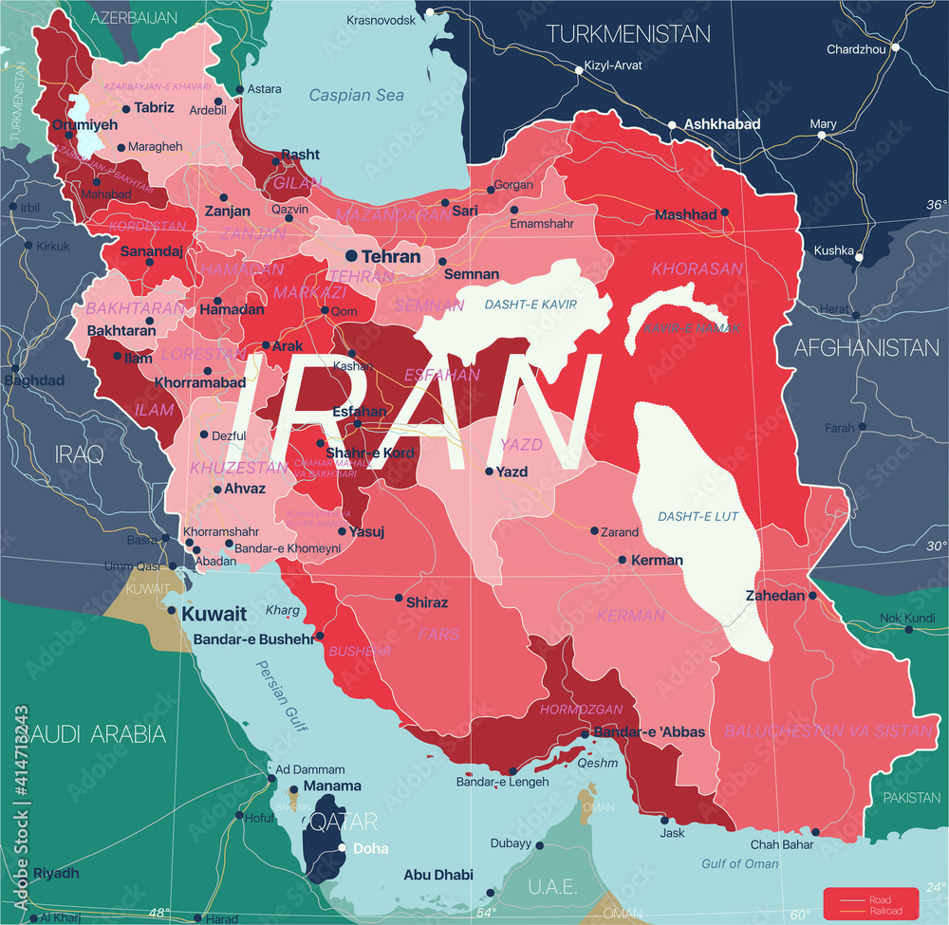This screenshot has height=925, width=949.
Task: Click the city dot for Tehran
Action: pyautogui.click(x=351, y=255)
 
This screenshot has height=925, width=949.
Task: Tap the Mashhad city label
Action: pyautogui.click(x=685, y=215)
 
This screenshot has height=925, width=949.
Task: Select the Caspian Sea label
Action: pyautogui.click(x=356, y=95)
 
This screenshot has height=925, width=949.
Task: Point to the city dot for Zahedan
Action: pyautogui.click(x=813, y=596)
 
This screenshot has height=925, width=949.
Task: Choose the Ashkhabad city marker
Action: pyautogui.click(x=672, y=124)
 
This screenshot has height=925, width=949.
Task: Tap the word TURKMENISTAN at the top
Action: pyautogui.click(x=628, y=34)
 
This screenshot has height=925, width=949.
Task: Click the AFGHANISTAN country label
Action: pyautogui.click(x=866, y=347)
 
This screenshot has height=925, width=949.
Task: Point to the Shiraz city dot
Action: pyautogui.click(x=399, y=598)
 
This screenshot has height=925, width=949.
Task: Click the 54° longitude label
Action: pyautogui.click(x=487, y=913)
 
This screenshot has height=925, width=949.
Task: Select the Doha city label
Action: pyautogui.click(x=369, y=848)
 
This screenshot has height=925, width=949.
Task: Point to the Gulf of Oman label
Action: pyautogui.click(x=740, y=863)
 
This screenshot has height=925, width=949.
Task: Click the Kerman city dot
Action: pyautogui.click(x=623, y=560)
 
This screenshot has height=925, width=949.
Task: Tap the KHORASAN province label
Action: pyautogui.click(x=697, y=269)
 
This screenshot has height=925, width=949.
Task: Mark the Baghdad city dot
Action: pyautogui.click(x=14, y=367)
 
